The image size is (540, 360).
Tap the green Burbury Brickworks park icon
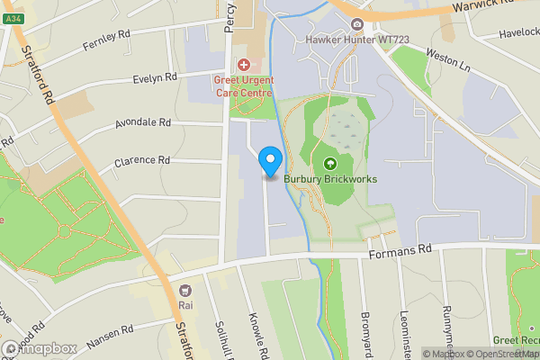tap(329, 164)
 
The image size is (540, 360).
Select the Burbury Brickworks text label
tap(330, 179)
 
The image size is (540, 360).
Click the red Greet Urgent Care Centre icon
tap(243, 65)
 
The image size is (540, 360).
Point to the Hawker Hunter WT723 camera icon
tap(358, 24)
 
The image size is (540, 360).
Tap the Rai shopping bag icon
tap(186, 291)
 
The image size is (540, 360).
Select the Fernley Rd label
tap(106, 39)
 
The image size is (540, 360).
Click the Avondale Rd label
tap(142, 121)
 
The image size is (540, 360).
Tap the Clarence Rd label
tap(142, 160)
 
